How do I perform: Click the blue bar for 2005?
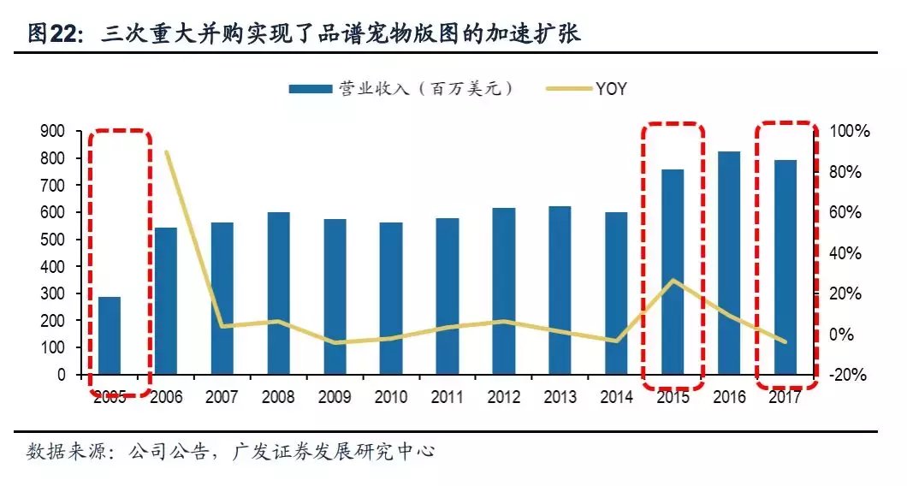110,335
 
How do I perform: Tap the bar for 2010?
391,299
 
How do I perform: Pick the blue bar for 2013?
560,290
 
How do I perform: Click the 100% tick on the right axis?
849,131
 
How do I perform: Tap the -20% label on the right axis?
849,375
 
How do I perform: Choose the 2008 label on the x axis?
278,397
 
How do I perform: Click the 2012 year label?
503,397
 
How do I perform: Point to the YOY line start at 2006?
166,152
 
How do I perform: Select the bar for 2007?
222,299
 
